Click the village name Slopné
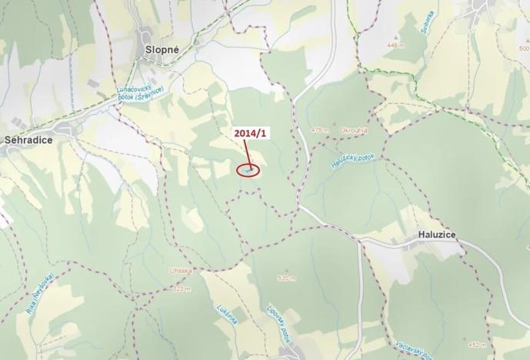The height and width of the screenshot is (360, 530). click(162, 48)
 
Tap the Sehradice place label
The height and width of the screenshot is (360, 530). click(27, 141)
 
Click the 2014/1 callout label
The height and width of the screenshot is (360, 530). click(251, 133)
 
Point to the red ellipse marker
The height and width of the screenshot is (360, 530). click(248, 169)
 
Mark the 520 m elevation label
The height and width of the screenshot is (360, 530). click(286, 278)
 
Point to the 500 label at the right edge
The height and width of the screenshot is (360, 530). click(523, 48)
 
